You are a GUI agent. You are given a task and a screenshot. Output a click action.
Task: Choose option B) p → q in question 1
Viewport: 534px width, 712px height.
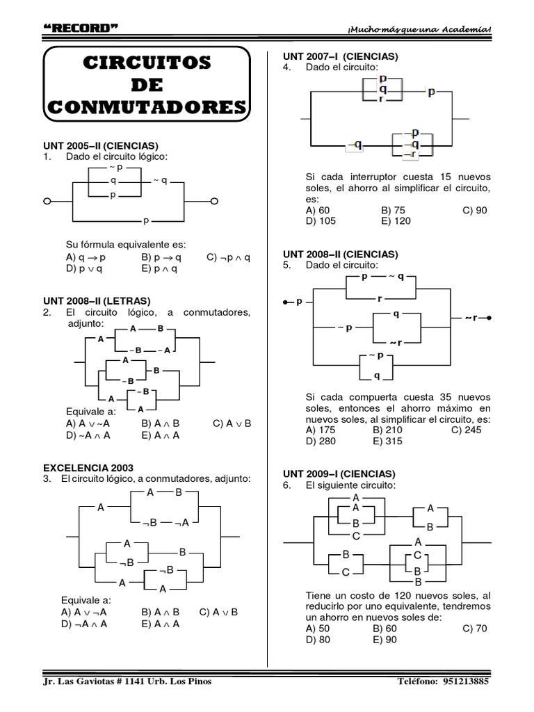(159, 257)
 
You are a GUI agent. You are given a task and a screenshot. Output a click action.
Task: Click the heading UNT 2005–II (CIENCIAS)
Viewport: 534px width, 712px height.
(101, 146)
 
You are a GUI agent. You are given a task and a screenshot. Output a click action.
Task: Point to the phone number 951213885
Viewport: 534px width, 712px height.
(467, 681)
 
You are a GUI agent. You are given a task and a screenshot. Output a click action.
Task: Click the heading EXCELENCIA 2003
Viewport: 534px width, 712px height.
(88, 468)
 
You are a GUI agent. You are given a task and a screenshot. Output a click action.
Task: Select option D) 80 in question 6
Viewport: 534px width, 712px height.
(319, 640)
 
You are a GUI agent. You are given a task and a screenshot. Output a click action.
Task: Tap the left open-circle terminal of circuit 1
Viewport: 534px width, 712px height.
(48, 202)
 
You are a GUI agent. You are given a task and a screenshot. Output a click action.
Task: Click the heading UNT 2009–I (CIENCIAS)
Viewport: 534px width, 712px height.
(339, 474)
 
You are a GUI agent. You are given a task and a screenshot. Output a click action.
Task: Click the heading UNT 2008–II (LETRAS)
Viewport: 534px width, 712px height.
(97, 301)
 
